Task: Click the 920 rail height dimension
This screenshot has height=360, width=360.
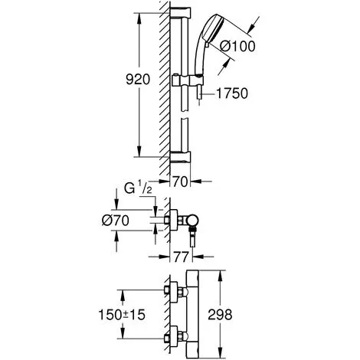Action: click(138, 80)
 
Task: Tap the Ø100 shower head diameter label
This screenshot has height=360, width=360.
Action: click(237, 47)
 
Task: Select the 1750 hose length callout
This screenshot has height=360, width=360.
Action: click(232, 93)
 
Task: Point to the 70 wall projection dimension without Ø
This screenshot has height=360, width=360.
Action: click(180, 182)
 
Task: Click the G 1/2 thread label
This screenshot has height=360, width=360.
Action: click(138, 188)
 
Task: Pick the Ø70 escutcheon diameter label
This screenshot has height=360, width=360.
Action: click(116, 221)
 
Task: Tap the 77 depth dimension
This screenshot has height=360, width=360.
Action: click(181, 257)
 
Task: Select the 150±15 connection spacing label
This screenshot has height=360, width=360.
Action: click(122, 315)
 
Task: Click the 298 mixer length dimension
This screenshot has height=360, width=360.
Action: click(220, 314)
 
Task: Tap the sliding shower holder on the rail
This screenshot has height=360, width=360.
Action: click(188, 80)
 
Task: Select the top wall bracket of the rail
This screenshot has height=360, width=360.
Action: click(180, 13)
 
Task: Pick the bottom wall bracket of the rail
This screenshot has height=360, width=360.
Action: click(180, 157)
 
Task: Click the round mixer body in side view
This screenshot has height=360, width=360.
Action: click(192, 221)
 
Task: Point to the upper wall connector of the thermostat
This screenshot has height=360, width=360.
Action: click(176, 292)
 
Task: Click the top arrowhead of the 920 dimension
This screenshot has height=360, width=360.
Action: click(139, 18)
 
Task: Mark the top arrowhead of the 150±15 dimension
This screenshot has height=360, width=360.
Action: click(123, 295)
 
